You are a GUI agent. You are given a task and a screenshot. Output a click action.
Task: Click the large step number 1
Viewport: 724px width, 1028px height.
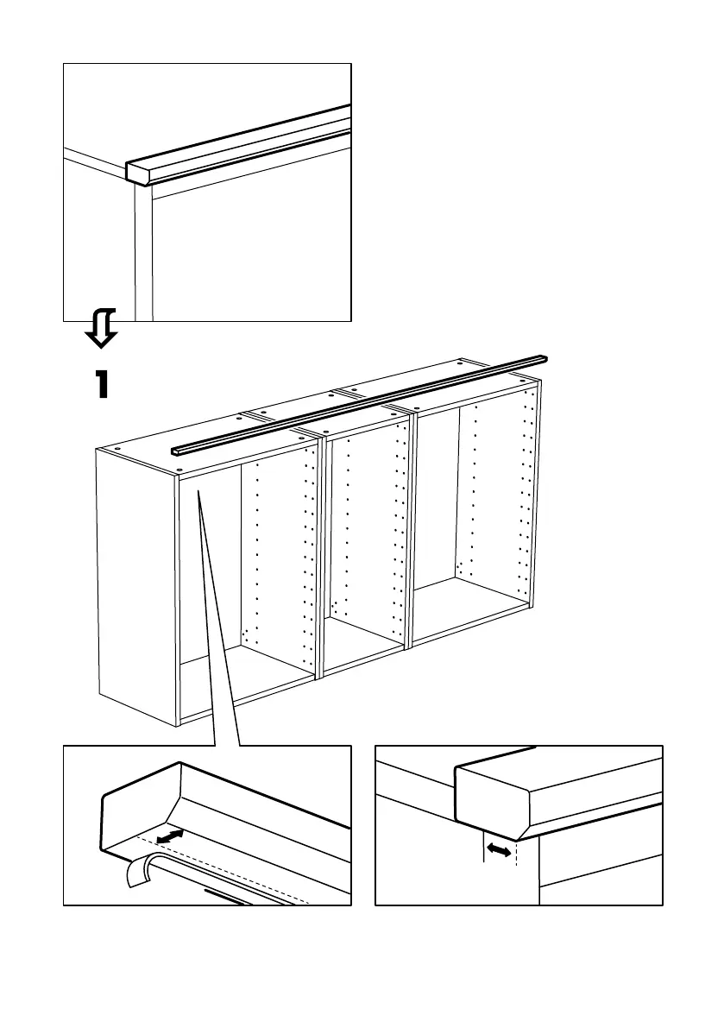pos(102,384)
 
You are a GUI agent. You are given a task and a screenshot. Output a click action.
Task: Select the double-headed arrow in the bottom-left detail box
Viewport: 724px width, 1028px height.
pos(171,836)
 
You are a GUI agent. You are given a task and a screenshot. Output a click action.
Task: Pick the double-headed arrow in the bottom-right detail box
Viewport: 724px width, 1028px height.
pos(499,850)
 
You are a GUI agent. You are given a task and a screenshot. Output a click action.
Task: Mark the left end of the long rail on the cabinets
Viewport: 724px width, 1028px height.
pos(175,451)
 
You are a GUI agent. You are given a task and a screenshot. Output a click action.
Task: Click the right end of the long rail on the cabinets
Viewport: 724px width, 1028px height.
pos(544,359)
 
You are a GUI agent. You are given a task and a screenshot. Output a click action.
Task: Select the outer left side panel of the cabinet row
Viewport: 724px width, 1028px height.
pos(135,578)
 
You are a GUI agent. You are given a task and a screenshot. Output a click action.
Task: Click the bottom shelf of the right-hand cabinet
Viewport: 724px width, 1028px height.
pos(470,609)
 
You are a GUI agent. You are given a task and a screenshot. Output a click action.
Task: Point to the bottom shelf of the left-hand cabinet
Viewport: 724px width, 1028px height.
pos(246,682)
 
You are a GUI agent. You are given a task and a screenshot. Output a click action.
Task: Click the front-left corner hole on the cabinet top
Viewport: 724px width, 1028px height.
pos(179,470)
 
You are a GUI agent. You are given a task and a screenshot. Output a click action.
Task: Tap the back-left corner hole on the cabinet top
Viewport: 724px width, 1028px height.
pos(113,451)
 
